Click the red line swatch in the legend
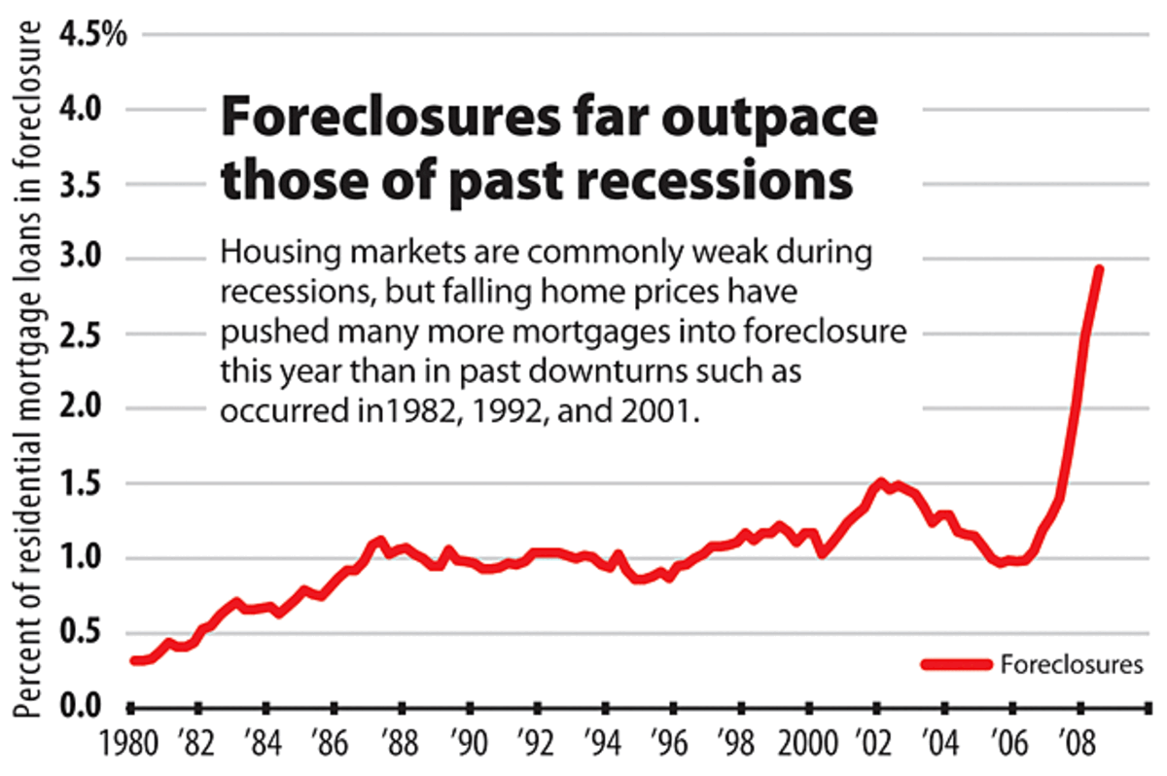click(x=957, y=665)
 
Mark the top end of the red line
click(x=1099, y=269)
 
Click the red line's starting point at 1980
click(x=132, y=661)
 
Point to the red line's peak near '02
click(x=881, y=482)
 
